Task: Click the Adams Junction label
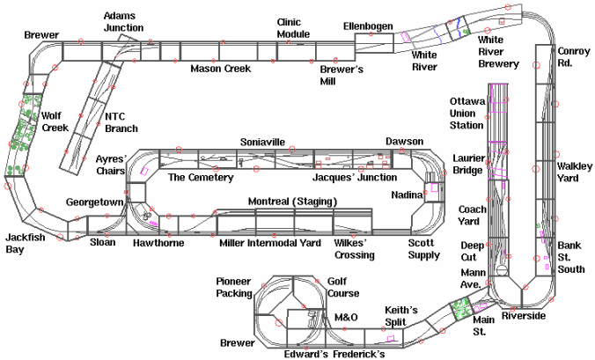point(123,22)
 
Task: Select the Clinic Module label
point(295,28)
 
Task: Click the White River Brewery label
point(497,52)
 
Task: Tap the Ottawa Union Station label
point(467,114)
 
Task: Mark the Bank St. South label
point(574,257)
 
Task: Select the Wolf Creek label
point(55,121)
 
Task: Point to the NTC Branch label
point(121,122)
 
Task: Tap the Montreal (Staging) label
point(292,202)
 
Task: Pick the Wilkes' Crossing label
point(355,249)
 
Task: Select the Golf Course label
point(343,286)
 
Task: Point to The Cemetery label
point(200,178)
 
